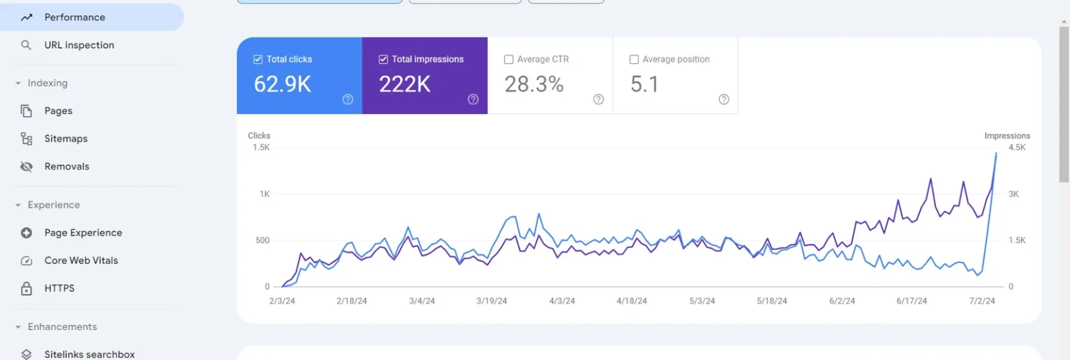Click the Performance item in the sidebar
[x=75, y=17]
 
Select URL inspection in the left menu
[x=79, y=45]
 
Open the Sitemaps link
[x=65, y=139]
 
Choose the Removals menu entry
[x=66, y=166]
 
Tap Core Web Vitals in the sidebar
[x=81, y=260]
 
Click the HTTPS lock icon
[x=26, y=288]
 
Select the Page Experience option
[x=83, y=233]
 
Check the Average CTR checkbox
[x=509, y=60]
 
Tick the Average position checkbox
[x=634, y=60]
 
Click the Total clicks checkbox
[x=258, y=60]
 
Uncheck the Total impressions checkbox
[x=383, y=60]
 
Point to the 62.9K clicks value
[x=282, y=84]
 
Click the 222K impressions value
[x=405, y=84]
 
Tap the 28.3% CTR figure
[x=534, y=84]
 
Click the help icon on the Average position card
[x=724, y=100]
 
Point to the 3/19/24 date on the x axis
[x=491, y=302]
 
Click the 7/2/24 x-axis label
[x=982, y=302]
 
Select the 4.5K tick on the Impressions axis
[x=1016, y=148]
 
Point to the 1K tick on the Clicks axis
[x=264, y=194]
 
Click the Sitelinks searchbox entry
[x=89, y=354]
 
